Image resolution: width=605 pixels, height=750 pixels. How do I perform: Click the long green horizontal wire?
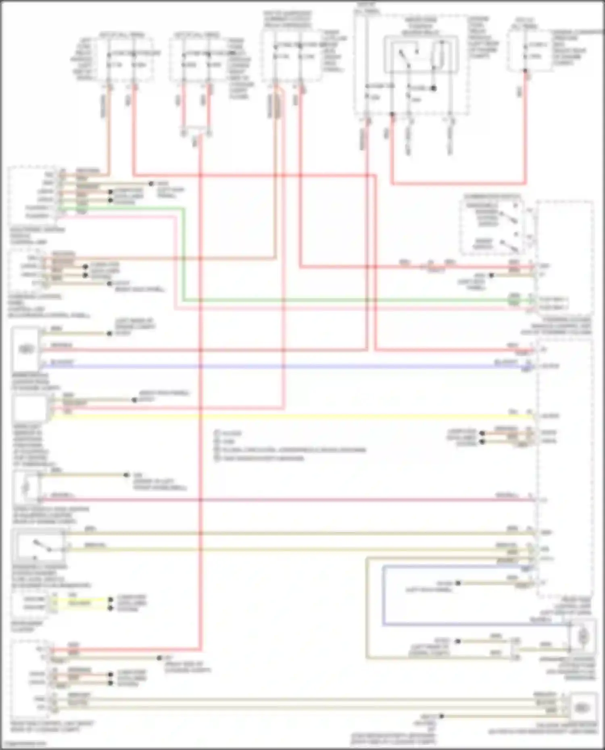pyautogui.click(x=343, y=300)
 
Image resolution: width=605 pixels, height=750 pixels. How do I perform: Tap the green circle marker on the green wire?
pyautogui.click(x=513, y=300)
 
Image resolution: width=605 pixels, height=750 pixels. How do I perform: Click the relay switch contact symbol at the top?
pyautogui.click(x=405, y=56)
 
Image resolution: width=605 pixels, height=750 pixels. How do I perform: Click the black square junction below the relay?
pyautogui.click(x=434, y=88)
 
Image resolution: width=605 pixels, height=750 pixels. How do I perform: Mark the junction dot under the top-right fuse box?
pyautogui.click(x=525, y=71)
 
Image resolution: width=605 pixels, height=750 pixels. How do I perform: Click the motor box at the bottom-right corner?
pyautogui.click(x=583, y=708)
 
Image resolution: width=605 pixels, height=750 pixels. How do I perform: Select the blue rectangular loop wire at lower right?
pyautogui.click(x=383, y=596)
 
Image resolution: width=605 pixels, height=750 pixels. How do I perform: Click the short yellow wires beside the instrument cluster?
pyautogui.click(x=81, y=603)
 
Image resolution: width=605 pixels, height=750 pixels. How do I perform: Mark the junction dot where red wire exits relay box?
pyautogui.click(x=392, y=114)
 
